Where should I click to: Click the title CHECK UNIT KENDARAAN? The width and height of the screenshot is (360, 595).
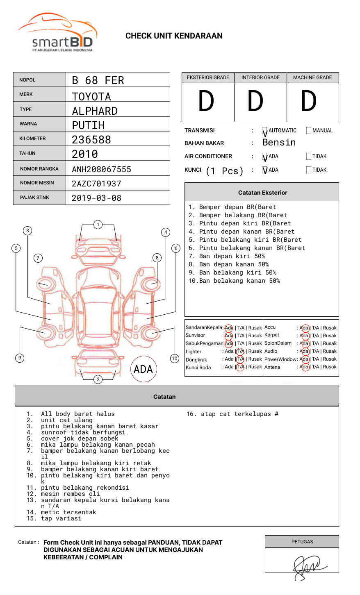coord(174,36)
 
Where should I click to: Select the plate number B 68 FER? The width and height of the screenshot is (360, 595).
coord(98,80)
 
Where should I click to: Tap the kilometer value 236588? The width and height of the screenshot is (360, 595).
coord(91,140)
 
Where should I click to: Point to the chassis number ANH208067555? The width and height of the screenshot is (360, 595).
coord(101,169)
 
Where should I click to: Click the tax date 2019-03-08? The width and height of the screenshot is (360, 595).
coord(96,198)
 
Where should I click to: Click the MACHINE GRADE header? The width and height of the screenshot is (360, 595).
coord(312,77)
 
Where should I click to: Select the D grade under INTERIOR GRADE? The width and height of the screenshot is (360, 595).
coord(255,102)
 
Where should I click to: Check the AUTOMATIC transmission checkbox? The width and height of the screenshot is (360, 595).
coord(265,131)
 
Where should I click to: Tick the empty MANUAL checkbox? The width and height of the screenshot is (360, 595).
coord(309,131)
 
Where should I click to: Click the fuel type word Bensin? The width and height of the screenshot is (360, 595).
coord(279,143)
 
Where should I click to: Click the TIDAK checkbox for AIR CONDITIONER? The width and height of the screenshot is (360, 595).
coord(309,156)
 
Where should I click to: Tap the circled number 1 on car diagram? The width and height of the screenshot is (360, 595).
coord(98,225)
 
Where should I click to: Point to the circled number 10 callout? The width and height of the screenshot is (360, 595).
coord(175,359)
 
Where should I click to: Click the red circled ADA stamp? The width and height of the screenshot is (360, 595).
coord(144,369)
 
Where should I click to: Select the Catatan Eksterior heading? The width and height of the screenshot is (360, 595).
coord(262,193)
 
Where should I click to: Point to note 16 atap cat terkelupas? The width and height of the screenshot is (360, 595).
coord(232,414)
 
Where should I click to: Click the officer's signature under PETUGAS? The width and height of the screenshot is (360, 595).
coord(308,566)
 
